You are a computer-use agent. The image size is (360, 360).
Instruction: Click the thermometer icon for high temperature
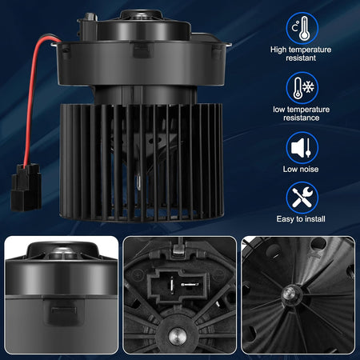pos(302,28)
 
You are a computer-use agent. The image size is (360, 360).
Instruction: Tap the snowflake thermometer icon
pos(302,88)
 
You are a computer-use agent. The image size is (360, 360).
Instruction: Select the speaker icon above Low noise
pos(302,147)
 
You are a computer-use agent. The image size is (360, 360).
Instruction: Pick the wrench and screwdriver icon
pos(302,198)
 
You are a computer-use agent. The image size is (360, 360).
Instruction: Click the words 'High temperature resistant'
pos(301,54)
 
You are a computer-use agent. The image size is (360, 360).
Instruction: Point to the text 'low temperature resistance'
pos(302,114)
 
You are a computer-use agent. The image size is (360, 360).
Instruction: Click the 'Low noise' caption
pos(301,169)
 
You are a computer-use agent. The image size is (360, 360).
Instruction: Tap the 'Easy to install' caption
pos(301,219)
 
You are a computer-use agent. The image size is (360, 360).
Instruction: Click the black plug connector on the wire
pos(26,187)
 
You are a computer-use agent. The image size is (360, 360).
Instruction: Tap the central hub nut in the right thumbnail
pos(290,294)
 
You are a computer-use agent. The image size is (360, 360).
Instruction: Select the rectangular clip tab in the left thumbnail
pos(64,310)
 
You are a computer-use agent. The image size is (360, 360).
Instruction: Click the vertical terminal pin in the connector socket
pos(172,284)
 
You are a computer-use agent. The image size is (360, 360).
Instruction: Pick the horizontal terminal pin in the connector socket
pos(190,285)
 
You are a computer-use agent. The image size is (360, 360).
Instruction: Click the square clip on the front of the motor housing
pos(142,51)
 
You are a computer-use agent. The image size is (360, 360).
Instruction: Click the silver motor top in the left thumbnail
pos(62,251)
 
